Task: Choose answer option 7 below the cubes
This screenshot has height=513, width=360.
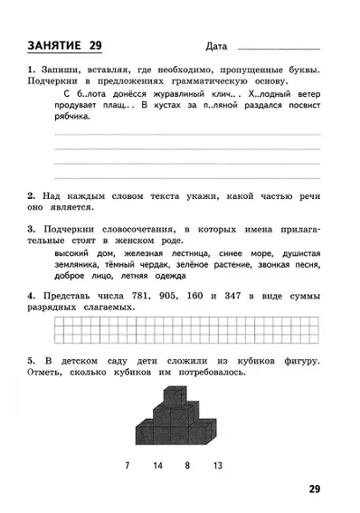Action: [127, 466]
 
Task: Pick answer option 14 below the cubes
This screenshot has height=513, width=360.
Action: [157, 466]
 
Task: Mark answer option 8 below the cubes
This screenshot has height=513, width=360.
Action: [187, 466]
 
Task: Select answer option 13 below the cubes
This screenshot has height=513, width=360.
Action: [217, 466]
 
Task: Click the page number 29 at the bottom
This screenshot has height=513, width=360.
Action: [313, 489]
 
